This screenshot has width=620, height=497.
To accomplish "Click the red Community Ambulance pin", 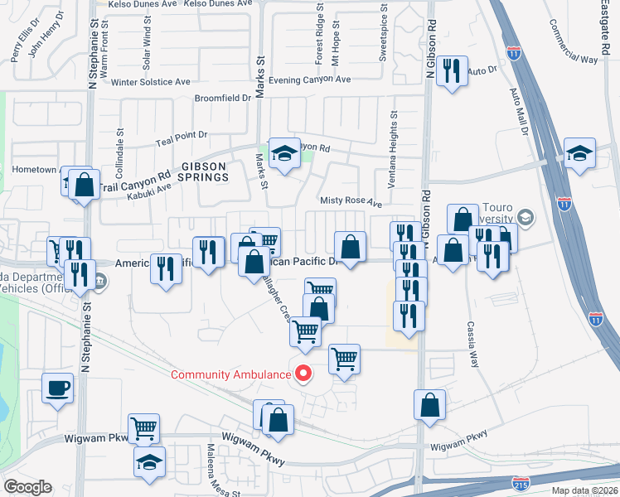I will coord(303,374).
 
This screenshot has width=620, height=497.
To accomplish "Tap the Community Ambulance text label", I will coord(230,374).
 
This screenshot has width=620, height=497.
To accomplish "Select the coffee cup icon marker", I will coord(58,388).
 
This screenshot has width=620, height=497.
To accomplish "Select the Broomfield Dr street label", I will coord(222,98).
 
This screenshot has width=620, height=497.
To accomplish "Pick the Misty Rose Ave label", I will coord(351,201).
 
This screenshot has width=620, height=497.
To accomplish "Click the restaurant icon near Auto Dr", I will coord(452,70).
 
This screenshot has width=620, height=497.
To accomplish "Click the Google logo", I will coord(28,487).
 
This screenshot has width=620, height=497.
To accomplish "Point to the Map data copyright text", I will coord(584,490).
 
